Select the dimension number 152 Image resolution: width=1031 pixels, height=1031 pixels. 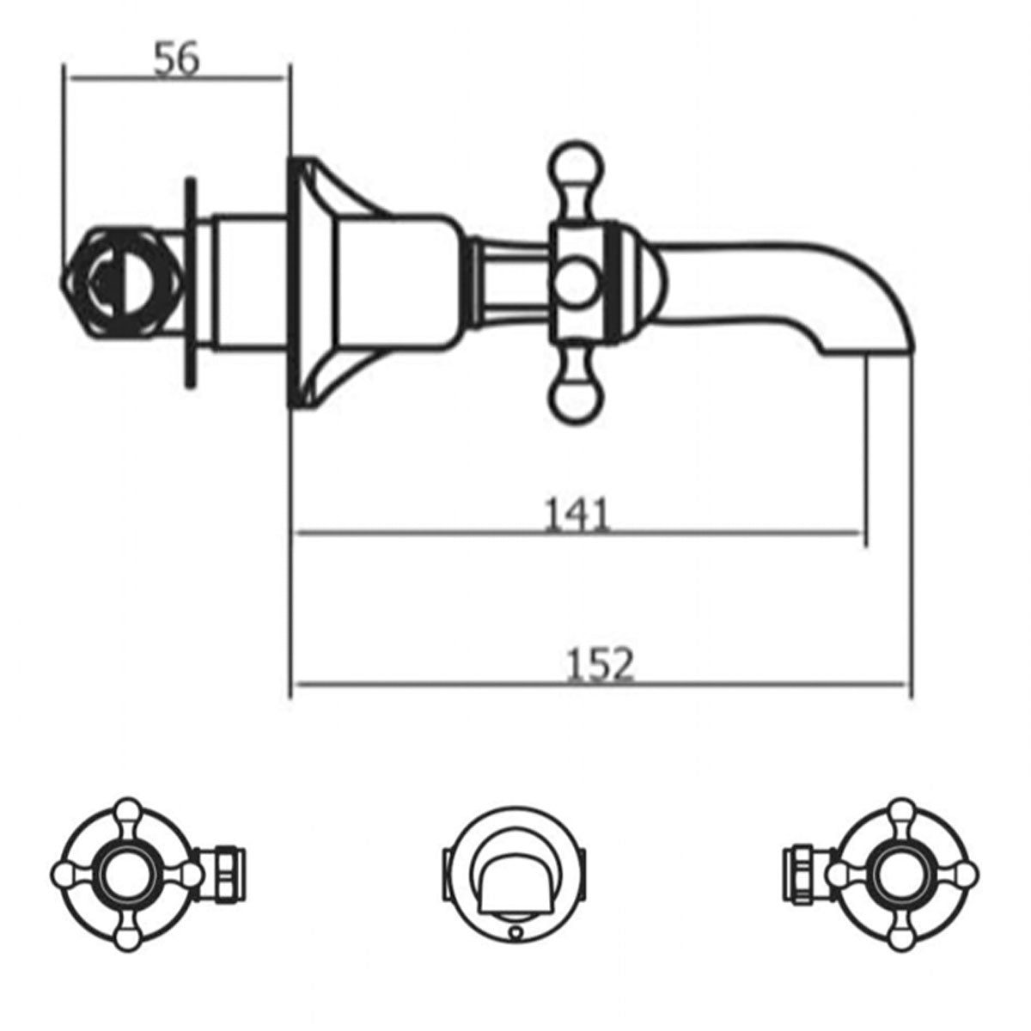(x=600, y=665)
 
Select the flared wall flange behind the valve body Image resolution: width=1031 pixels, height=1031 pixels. (x=309, y=284)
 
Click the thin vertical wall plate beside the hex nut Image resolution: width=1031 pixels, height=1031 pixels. (x=191, y=284)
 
